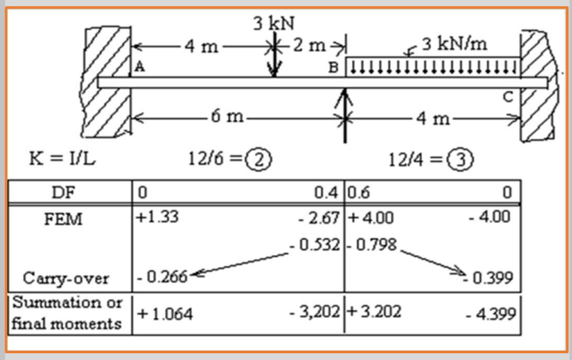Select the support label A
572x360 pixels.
tap(140, 66)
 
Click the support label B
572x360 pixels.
tap(332, 67)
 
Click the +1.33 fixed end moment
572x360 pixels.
tap(157, 217)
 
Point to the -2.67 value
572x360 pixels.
tap(321, 218)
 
